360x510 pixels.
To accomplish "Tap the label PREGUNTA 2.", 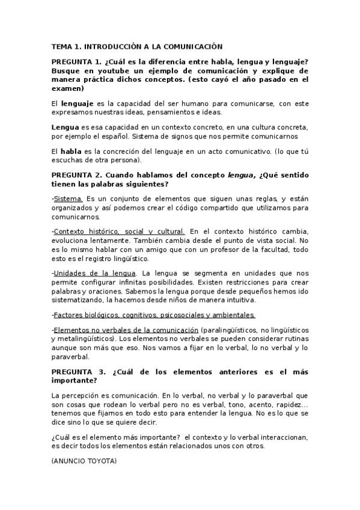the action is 76,175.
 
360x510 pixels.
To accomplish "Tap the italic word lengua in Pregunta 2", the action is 240,175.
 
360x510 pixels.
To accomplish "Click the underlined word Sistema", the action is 68,198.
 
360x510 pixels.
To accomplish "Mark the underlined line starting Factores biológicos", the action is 154,315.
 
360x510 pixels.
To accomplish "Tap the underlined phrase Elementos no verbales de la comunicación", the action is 126,330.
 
